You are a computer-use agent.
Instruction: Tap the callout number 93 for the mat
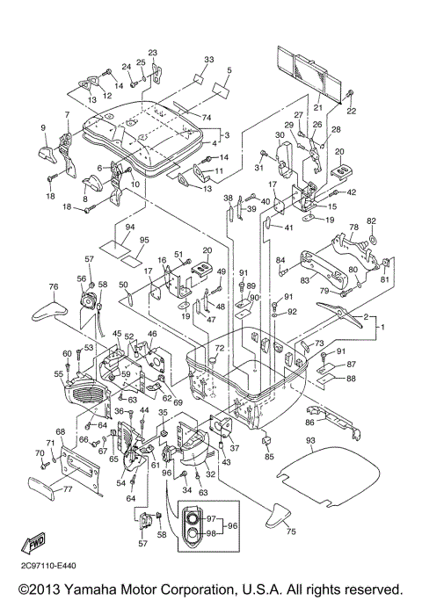coord(310,440)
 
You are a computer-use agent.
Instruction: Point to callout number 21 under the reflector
coord(318,107)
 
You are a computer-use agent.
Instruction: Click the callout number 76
coord(54,286)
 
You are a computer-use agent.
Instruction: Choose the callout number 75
coord(291,531)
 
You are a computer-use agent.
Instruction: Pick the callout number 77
coord(68,488)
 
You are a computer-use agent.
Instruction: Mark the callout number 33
coord(208,60)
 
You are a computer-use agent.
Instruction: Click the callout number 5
coord(229,70)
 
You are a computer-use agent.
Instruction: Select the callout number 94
coord(130,227)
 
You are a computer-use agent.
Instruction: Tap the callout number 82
coord(371,221)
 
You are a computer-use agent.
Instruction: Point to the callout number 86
coord(309,423)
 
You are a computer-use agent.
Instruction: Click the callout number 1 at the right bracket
coord(382,328)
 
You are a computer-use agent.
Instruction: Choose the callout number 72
coord(219,348)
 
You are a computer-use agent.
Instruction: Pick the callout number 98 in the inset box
coord(211,533)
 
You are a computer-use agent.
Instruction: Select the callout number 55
coord(58,373)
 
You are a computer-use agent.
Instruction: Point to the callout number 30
coord(280,134)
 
